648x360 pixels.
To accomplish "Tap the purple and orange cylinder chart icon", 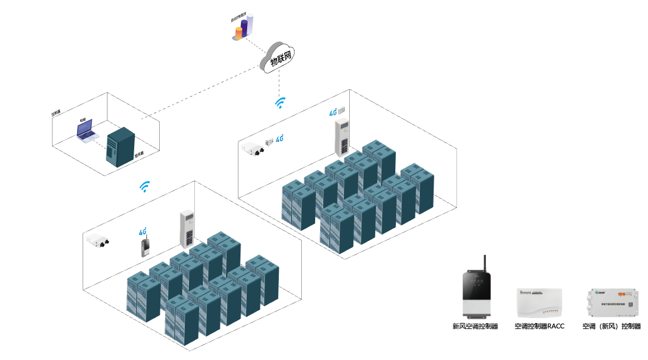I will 242,29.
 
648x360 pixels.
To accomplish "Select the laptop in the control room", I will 86,131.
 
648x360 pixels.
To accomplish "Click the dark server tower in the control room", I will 120,147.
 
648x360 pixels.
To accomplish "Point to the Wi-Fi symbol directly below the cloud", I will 280,103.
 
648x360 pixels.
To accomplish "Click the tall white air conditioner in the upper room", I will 343,138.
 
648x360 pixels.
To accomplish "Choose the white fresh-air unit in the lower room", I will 98,240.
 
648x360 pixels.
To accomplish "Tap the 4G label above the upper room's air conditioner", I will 333,112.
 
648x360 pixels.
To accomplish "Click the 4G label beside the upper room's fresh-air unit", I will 280,139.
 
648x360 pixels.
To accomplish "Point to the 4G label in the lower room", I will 143,231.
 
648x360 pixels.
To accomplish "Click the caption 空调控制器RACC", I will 539,327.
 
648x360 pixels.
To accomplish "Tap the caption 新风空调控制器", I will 475,327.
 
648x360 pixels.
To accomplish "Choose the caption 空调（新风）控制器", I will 612,327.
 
